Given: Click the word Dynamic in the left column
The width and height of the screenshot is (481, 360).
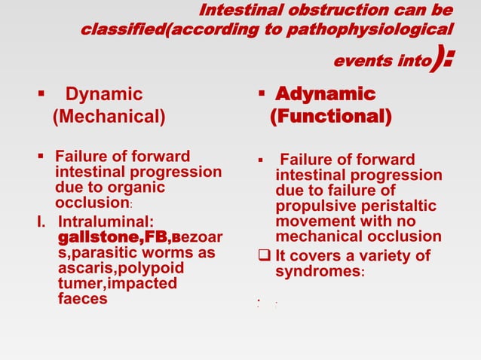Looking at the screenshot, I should tap(104, 95).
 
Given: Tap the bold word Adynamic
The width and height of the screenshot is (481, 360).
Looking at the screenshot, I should tap(324, 95).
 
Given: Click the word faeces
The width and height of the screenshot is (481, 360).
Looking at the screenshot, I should tap(82, 299).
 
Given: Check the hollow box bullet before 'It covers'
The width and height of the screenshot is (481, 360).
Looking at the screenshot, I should tap(264, 255).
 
